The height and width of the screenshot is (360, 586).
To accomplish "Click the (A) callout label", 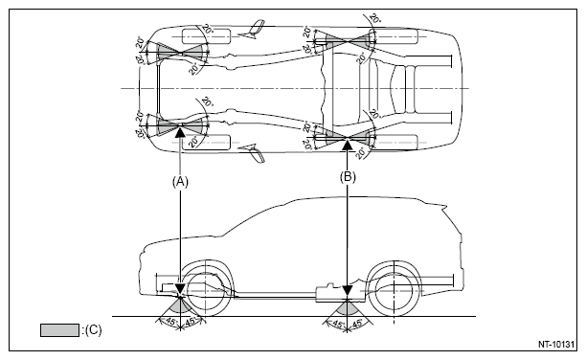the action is [x=180, y=182].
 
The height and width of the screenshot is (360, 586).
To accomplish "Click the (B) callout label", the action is [x=348, y=177].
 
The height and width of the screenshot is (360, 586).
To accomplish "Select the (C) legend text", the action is [x=92, y=330].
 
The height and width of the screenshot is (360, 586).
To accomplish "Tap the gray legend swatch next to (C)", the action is [x=59, y=330].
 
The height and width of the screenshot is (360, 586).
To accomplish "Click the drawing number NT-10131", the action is [x=555, y=345].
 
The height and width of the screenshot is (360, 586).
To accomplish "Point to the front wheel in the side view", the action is [x=206, y=290].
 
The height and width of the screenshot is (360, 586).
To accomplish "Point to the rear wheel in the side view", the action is [x=394, y=290].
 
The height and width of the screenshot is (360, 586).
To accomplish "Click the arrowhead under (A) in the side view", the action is [x=180, y=289].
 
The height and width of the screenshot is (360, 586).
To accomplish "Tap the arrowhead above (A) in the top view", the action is [x=180, y=132].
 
